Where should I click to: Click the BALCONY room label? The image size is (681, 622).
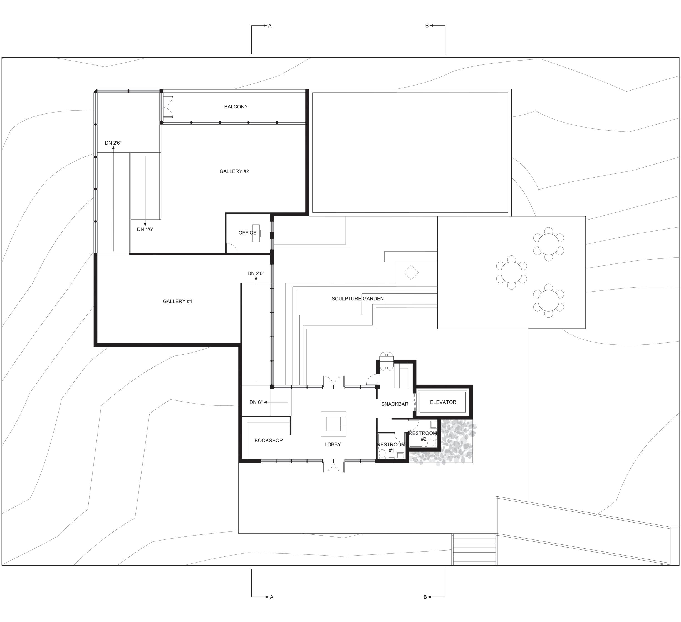click(x=236, y=107)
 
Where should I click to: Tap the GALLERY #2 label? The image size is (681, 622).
click(x=234, y=171)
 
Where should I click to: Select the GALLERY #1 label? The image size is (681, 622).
click(x=177, y=301)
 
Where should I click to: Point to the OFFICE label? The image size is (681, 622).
click(x=247, y=233)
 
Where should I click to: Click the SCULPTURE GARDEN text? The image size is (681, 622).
click(x=357, y=298)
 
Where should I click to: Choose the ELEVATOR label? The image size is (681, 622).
click(x=443, y=402)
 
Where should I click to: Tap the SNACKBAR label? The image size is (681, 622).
click(x=395, y=404)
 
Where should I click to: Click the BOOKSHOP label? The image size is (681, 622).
click(x=269, y=440)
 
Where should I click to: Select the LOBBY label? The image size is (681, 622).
click(x=332, y=444)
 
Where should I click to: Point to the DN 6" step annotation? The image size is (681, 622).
click(x=256, y=402)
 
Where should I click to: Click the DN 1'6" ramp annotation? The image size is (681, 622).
click(x=145, y=229)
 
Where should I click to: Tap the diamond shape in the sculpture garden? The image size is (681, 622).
click(x=411, y=272)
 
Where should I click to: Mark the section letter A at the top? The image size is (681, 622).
click(x=270, y=26)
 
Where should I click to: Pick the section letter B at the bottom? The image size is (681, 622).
click(x=425, y=597)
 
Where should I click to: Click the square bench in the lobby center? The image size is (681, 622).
click(x=333, y=424)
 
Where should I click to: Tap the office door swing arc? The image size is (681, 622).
click(x=232, y=248)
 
